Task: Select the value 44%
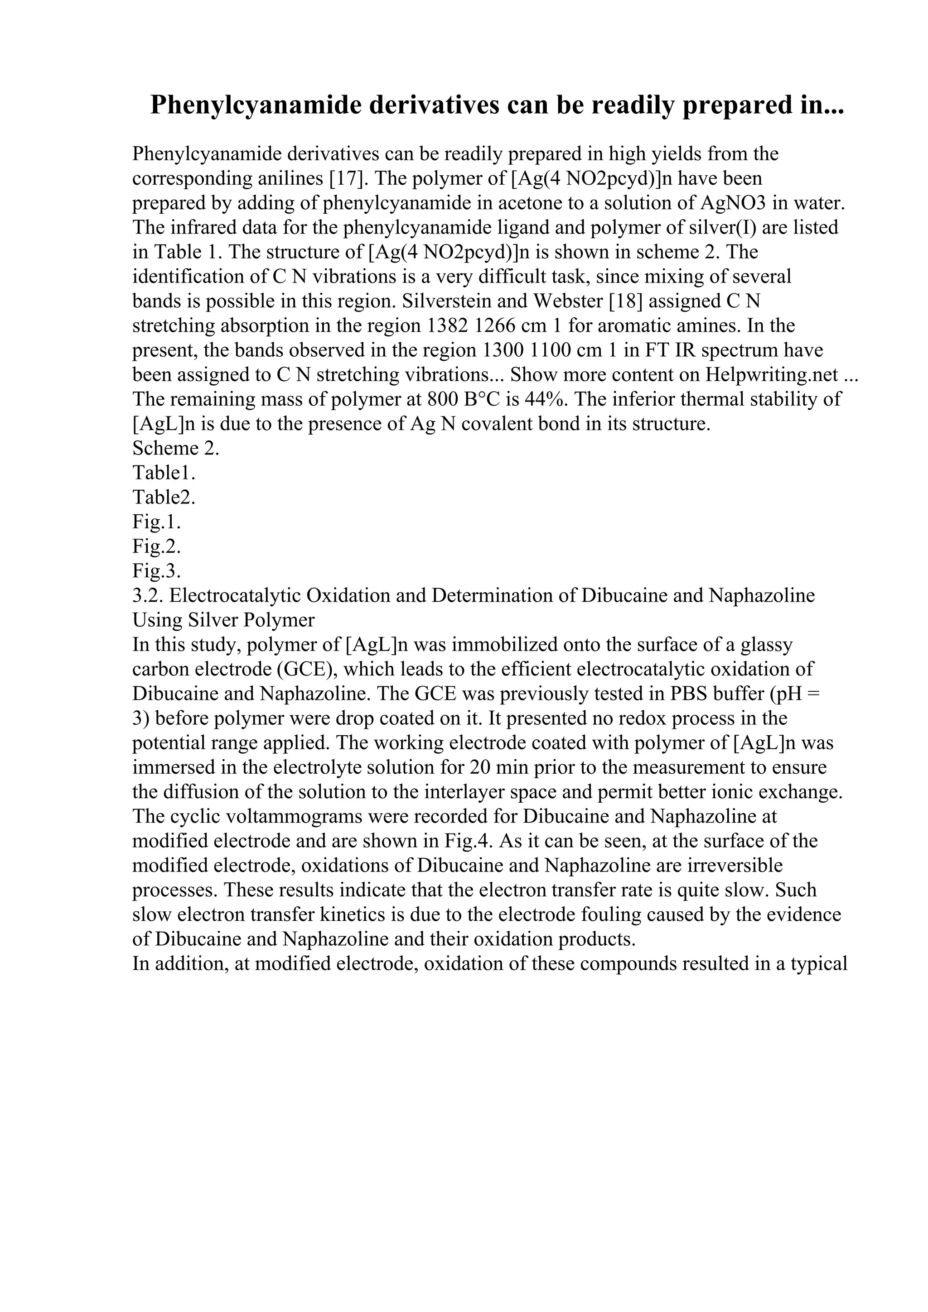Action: pos(549,399)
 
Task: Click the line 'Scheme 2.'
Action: pos(175,448)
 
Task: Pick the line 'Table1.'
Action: pos(164,473)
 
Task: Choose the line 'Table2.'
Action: pos(164,497)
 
